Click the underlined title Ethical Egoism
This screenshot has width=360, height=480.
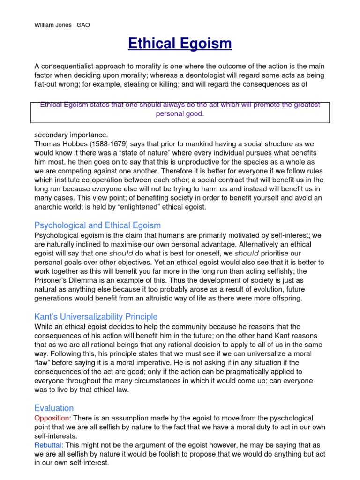coord(180,44)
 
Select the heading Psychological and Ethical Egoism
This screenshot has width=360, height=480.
coord(97,225)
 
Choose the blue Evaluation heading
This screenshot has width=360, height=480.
coord(54,408)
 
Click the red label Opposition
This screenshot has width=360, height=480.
coord(52,418)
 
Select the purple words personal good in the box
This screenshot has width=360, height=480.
coord(180,114)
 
